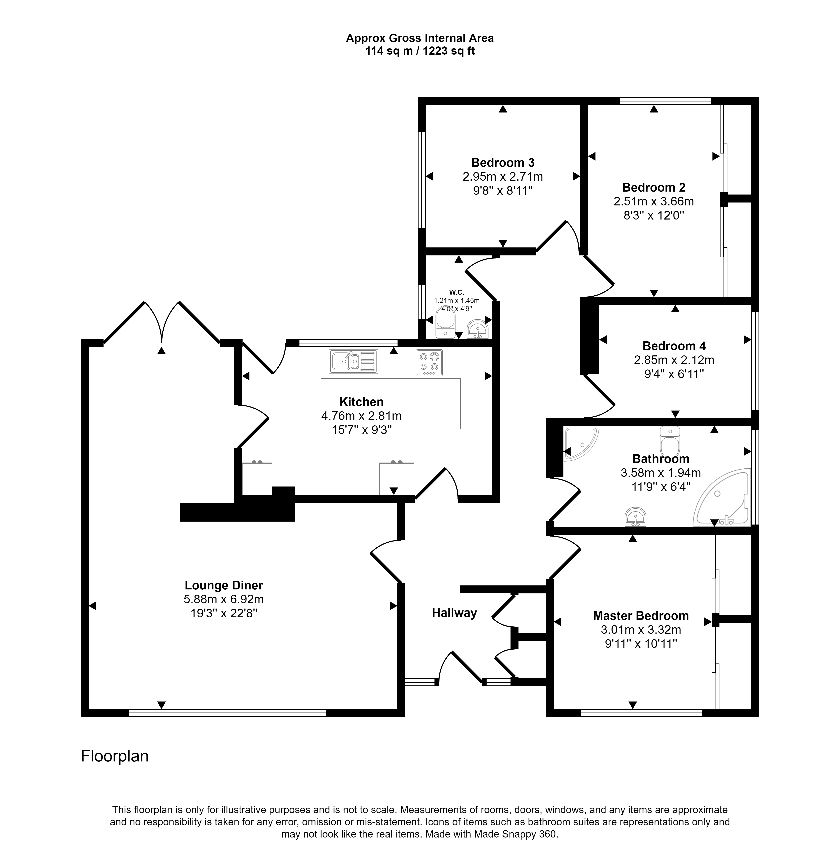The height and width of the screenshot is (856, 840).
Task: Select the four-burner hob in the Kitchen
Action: click(x=429, y=363)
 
